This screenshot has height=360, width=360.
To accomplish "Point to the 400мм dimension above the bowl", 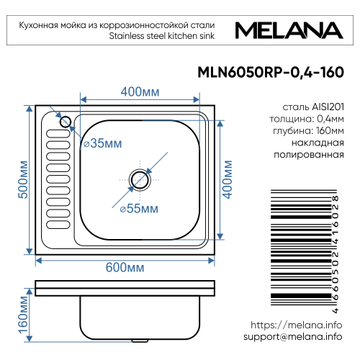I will coord(140,92).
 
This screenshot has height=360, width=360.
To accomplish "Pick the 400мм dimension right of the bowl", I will coord(228,179).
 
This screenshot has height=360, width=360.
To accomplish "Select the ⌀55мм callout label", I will coord(138,209).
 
